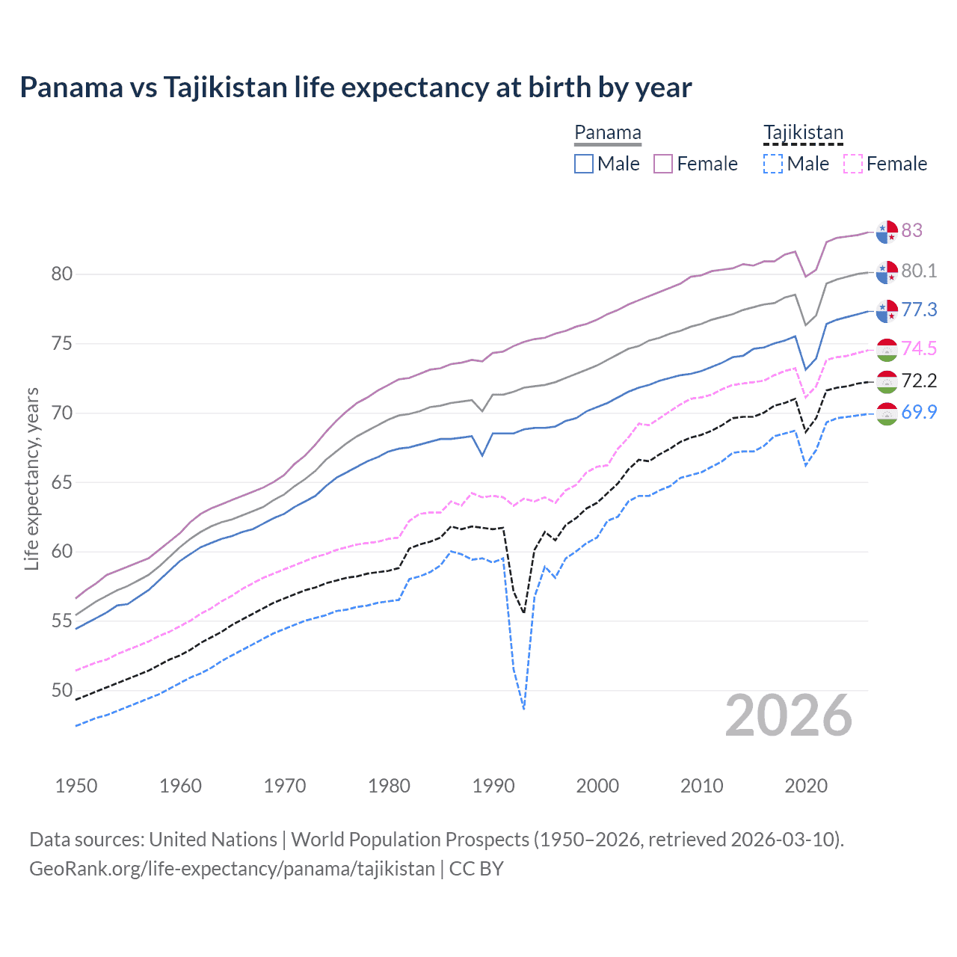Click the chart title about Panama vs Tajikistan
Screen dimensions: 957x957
tap(355, 87)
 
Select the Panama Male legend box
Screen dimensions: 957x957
tap(584, 164)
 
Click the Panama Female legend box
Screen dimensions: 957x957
tap(663, 164)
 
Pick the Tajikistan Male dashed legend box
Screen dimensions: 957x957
tap(773, 164)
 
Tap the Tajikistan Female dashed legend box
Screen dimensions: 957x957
tap(853, 164)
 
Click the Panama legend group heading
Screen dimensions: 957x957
tap(607, 133)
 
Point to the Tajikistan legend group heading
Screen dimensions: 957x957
tap(803, 133)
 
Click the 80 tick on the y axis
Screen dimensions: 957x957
tap(62, 274)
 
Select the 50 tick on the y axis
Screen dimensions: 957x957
tap(62, 690)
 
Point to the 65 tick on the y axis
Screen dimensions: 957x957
tap(62, 482)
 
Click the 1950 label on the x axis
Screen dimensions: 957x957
tap(76, 786)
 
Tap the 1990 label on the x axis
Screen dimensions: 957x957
tap(493, 786)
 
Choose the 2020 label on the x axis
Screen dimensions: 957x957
tap(806, 786)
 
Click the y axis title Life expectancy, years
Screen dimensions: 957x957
tap(31, 478)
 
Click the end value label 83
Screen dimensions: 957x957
tap(911, 230)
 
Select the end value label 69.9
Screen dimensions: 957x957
tap(919, 412)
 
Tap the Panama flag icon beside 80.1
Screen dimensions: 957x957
tap(887, 273)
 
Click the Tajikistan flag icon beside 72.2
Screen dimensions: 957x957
tap(887, 382)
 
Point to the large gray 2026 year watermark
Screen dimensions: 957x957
tap(789, 716)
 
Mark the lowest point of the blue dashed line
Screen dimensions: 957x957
tap(524, 709)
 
